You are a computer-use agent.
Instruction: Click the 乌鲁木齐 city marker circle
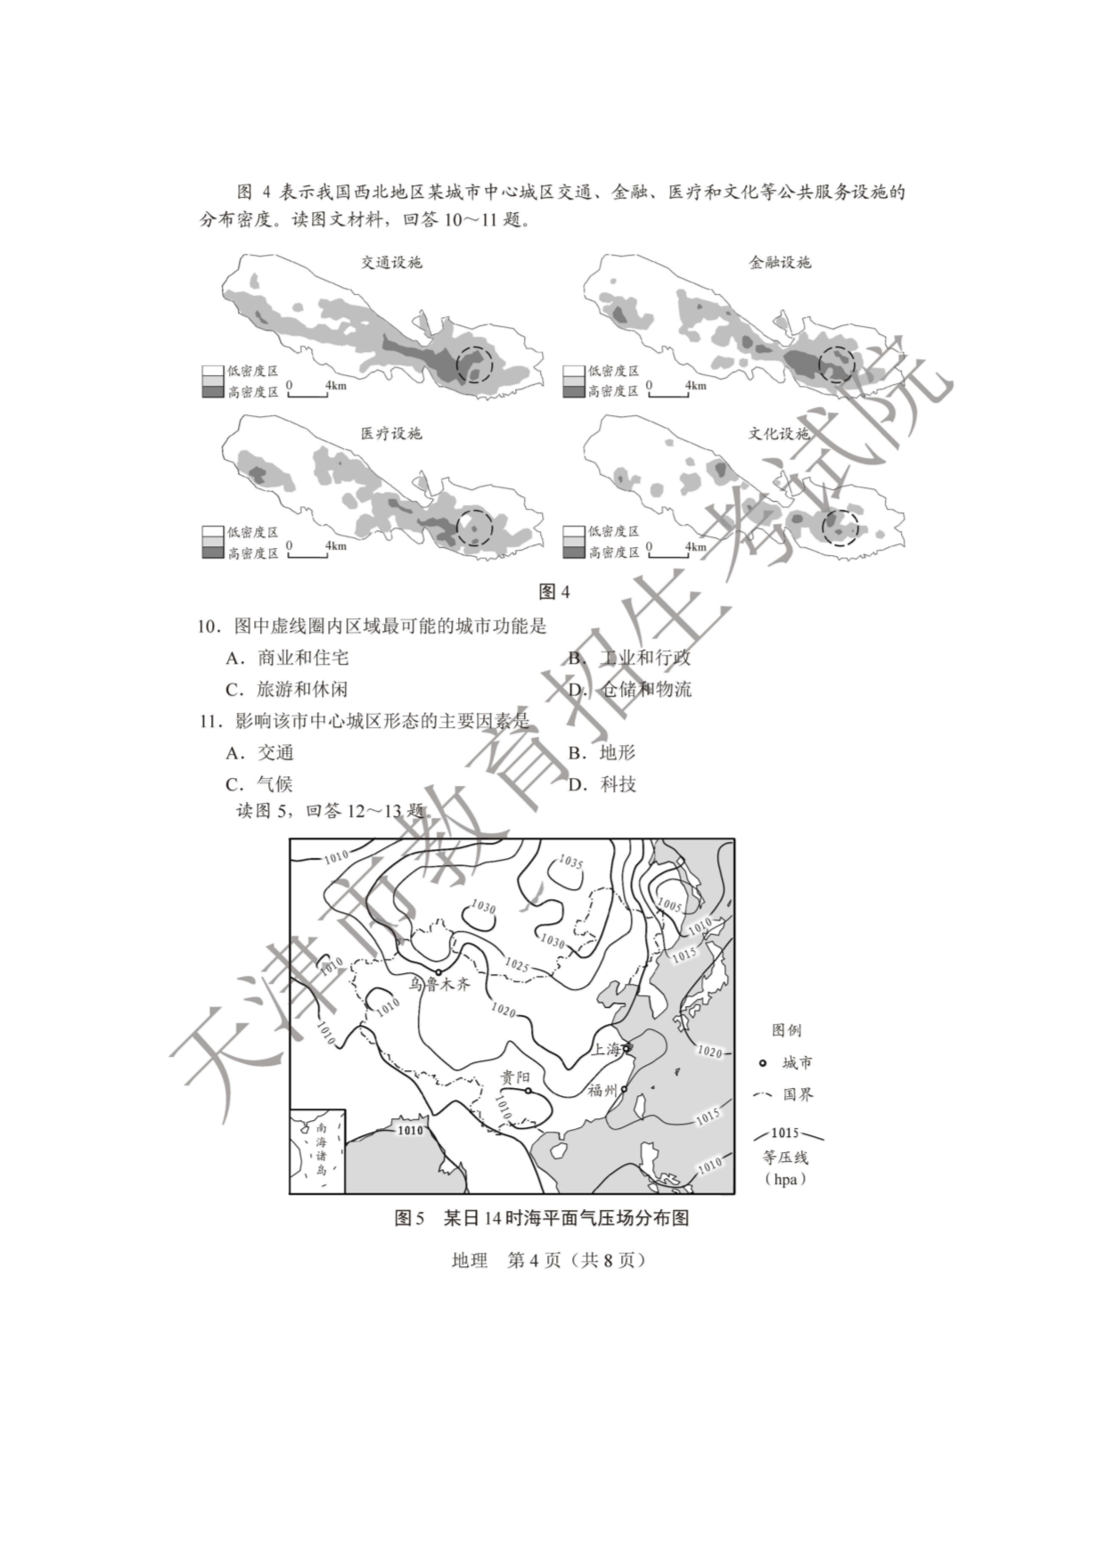point(438,972)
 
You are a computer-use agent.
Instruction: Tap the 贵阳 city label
point(515,1077)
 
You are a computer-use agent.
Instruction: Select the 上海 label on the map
point(606,1049)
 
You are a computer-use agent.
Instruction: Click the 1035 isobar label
point(570,863)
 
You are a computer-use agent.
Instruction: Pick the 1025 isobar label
point(517,965)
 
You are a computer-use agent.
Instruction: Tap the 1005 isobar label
point(669,905)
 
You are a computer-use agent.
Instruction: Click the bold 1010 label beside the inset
point(410,1130)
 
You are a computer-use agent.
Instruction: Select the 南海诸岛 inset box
point(317,1151)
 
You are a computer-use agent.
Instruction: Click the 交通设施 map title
point(391,262)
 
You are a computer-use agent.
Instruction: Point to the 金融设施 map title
point(780,262)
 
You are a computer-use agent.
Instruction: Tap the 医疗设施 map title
point(391,434)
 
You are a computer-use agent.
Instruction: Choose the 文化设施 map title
point(779,434)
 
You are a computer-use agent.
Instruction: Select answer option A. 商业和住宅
point(286,658)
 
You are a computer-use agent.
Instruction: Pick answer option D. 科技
point(602,784)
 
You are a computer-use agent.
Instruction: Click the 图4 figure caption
point(553,592)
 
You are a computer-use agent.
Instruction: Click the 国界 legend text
point(799,1094)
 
